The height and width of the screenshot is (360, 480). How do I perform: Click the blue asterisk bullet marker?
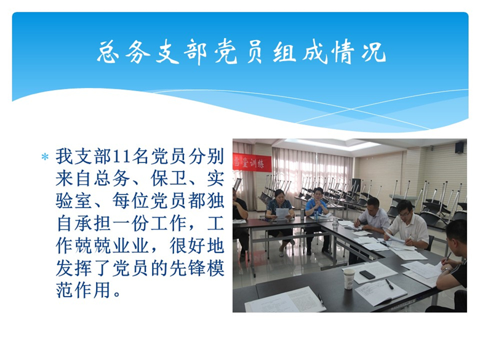pyautogui.click(x=45, y=157)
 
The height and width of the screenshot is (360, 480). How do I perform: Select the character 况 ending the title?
pyautogui.click(x=374, y=52)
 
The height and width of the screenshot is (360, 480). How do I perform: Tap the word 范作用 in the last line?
pyautogui.click(x=83, y=290)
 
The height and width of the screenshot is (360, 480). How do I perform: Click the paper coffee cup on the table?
pyautogui.click(x=349, y=279)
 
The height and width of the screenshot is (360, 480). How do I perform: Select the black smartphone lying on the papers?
pyautogui.click(x=367, y=274)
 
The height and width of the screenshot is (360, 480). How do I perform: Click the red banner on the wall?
pyautogui.click(x=252, y=163)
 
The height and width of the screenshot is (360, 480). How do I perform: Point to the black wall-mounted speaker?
pyautogui.click(x=459, y=148)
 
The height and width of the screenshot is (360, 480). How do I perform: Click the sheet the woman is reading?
pyautogui.click(x=282, y=214)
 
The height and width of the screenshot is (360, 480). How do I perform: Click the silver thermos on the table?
pyautogui.click(x=302, y=214)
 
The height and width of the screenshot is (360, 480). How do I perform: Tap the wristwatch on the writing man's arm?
pyautogui.click(x=446, y=270)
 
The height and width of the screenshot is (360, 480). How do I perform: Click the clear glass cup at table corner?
pyautogui.click(x=335, y=223)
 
